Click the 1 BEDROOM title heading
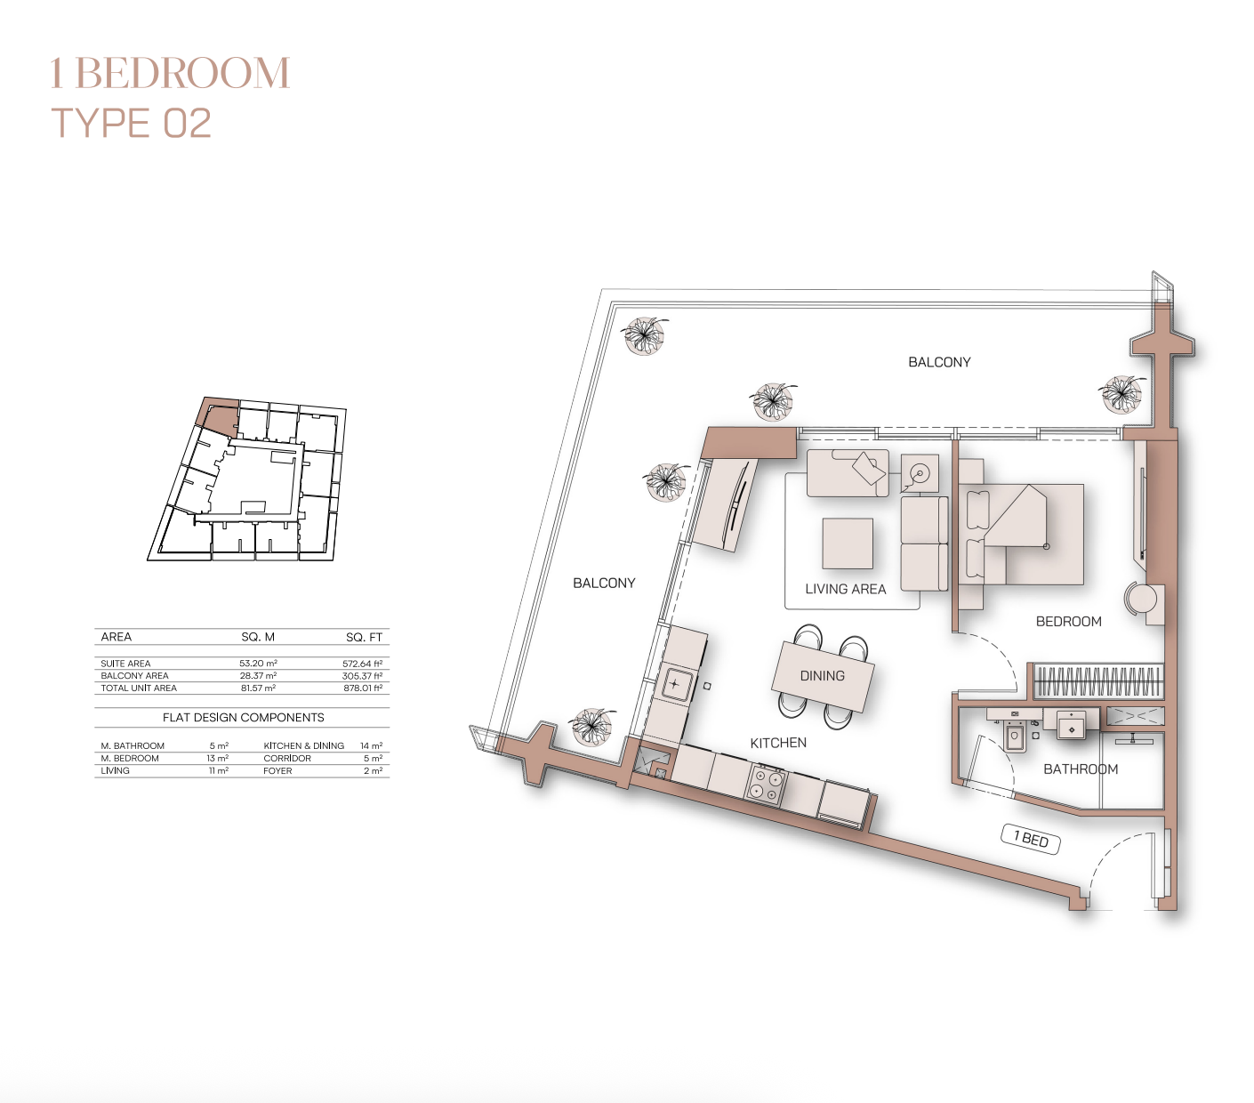click(x=170, y=73)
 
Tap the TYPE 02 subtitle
click(x=132, y=123)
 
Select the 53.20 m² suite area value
click(x=258, y=663)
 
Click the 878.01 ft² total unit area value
click(x=363, y=688)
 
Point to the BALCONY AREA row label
click(x=134, y=675)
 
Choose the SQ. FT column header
click(x=364, y=637)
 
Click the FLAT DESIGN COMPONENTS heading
click(x=244, y=717)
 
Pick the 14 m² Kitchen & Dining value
click(x=372, y=745)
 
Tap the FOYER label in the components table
click(x=277, y=770)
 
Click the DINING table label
click(x=822, y=676)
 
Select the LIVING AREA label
click(x=846, y=589)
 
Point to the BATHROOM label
click(x=1081, y=769)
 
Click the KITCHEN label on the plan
click(x=778, y=743)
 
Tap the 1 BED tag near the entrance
click(x=1031, y=839)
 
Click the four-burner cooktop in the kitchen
click(x=766, y=783)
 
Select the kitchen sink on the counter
click(x=674, y=684)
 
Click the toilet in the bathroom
click(x=1016, y=737)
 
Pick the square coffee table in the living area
click(x=848, y=543)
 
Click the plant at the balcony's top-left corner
click(x=645, y=335)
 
